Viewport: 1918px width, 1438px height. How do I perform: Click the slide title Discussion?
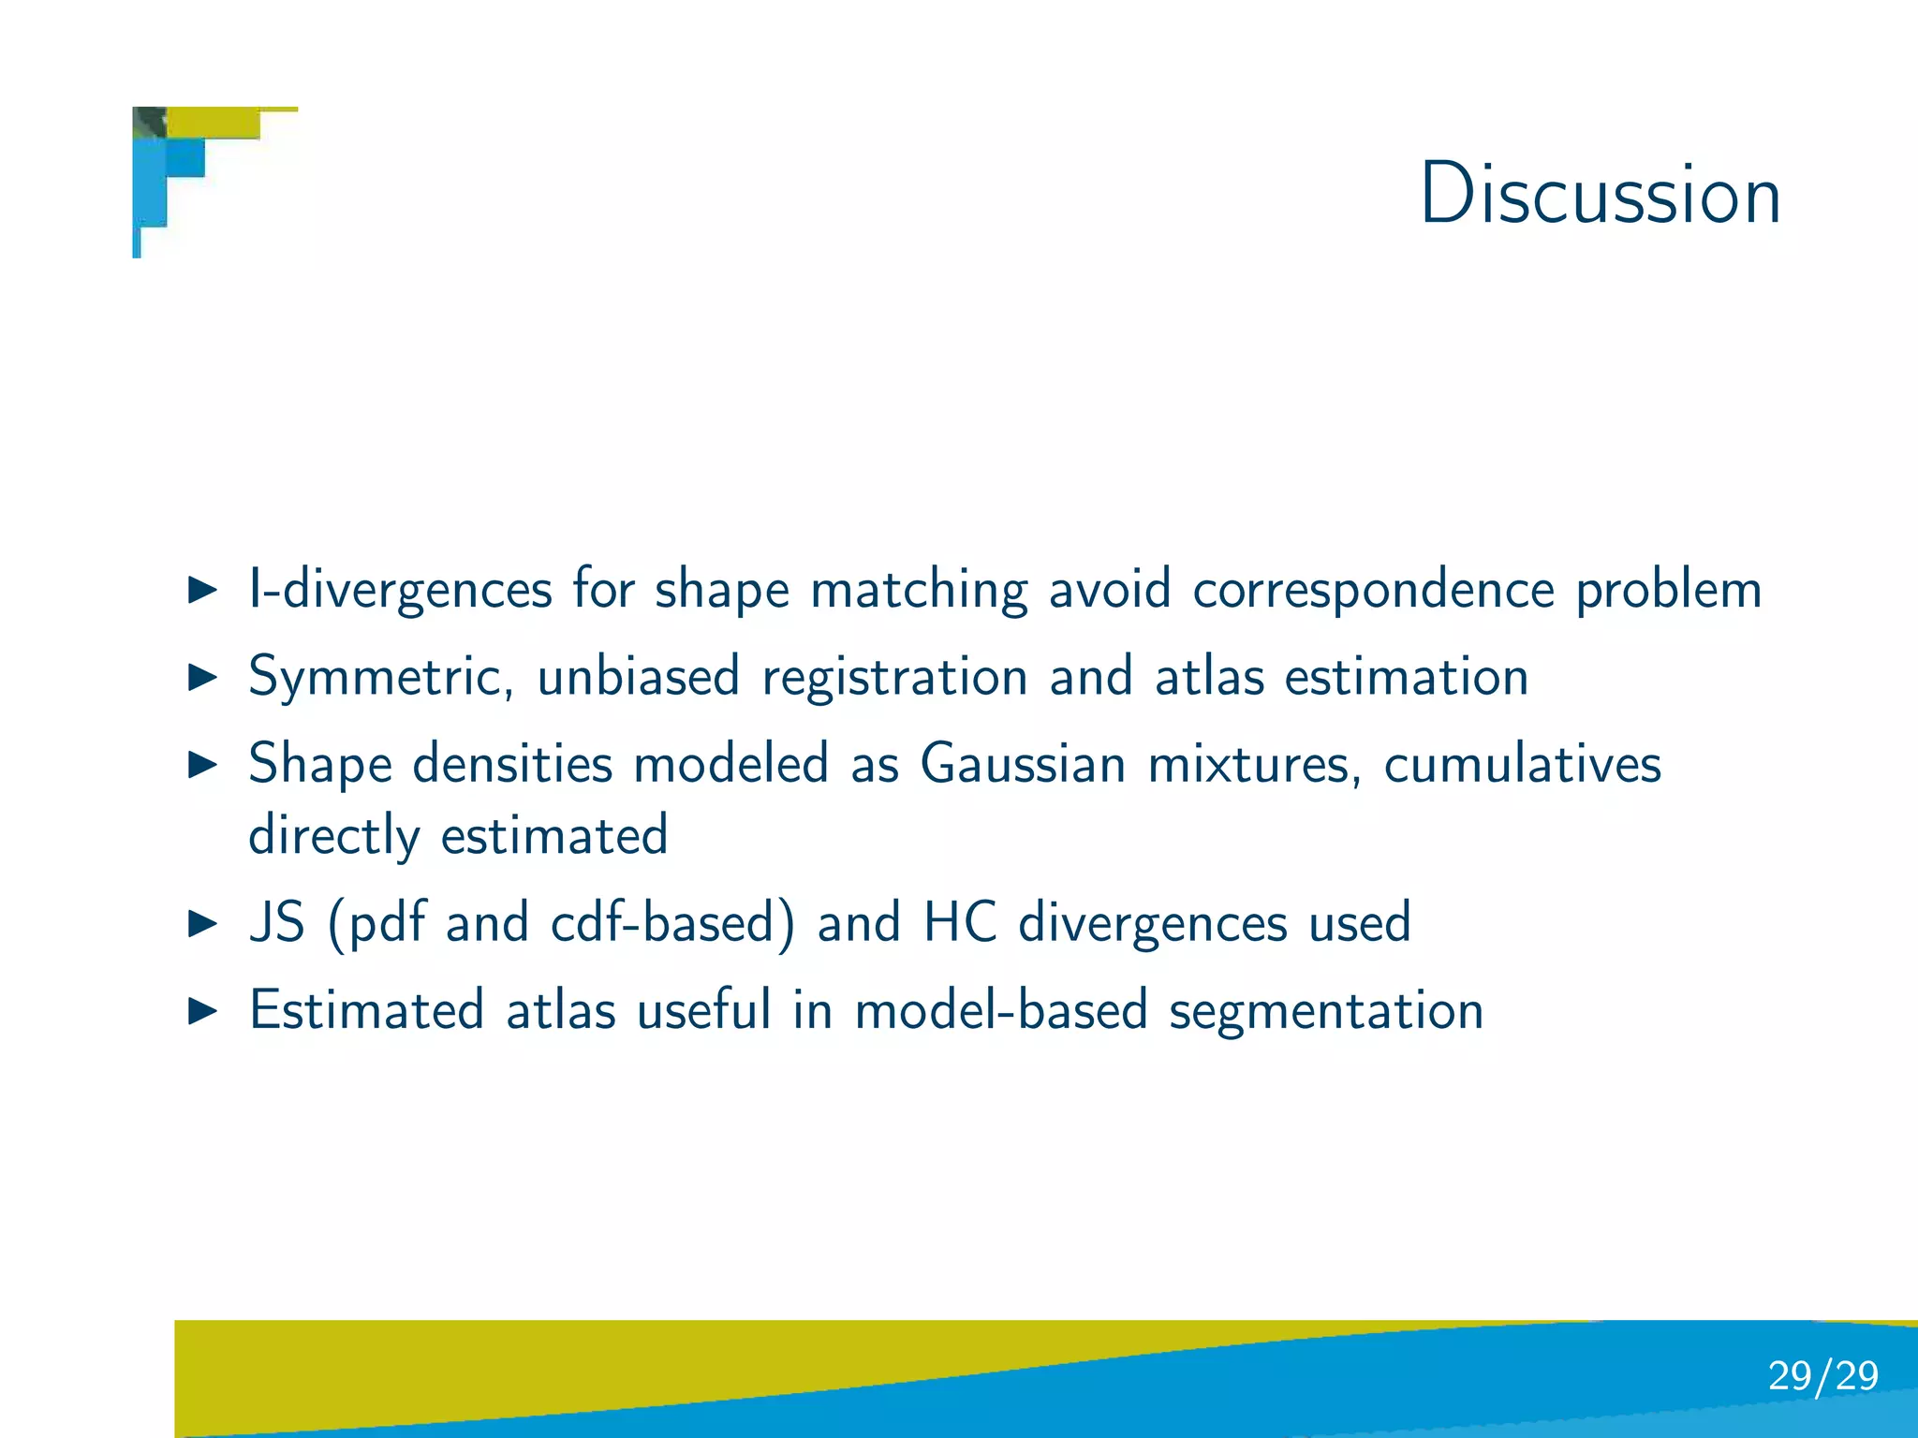point(1600,194)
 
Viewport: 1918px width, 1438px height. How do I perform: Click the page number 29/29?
point(1822,1375)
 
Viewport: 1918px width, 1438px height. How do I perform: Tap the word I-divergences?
point(400,590)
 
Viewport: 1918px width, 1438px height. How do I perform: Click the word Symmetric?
point(380,678)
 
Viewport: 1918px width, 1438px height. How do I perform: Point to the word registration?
point(894,678)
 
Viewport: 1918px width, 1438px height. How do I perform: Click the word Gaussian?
point(1023,763)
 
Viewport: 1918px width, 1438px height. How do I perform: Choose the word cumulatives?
point(1522,763)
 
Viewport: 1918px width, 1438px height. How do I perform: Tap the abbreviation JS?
point(277,923)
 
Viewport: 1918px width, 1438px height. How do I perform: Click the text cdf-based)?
point(672,923)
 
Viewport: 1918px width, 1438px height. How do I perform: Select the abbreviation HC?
point(959,923)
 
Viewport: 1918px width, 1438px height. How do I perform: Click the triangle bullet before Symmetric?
point(202,677)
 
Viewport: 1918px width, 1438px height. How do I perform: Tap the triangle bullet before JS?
point(202,924)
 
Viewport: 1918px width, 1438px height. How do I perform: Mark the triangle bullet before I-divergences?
point(202,590)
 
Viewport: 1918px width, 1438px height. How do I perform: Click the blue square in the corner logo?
point(185,157)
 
